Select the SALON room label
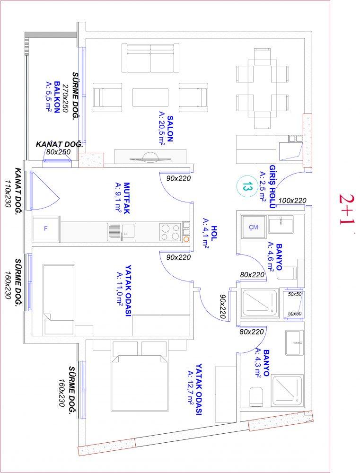tap(170, 129)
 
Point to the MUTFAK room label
tap(126, 198)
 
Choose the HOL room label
tap(214, 233)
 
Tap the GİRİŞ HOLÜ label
tap(272, 186)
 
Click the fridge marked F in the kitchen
tap(46, 228)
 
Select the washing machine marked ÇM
tap(254, 227)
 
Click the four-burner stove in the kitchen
tap(170, 232)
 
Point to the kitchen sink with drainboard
tap(122, 232)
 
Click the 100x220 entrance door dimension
tap(292, 200)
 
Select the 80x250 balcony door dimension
tap(59, 152)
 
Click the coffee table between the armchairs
tap(150, 97)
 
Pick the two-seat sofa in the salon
tap(150, 58)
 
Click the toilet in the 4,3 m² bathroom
tap(256, 396)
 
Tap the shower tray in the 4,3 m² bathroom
tap(287, 390)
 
